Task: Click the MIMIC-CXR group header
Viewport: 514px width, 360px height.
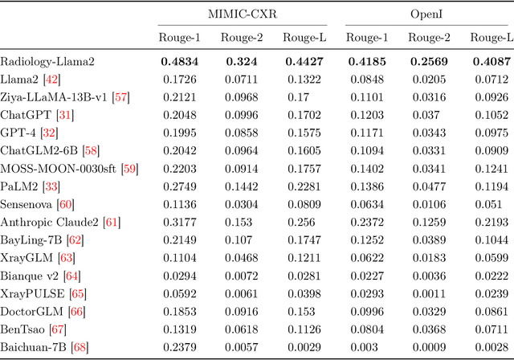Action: (240, 13)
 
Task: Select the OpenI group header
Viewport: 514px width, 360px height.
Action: (427, 13)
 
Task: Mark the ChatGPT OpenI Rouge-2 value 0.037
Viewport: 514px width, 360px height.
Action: (427, 114)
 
